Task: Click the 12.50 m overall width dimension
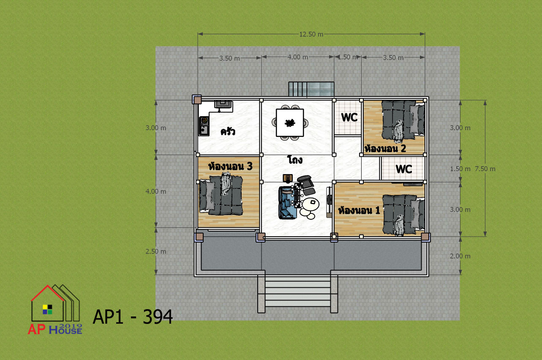click(x=311, y=34)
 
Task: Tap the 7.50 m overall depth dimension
click(x=485, y=169)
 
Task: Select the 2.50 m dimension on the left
click(x=156, y=251)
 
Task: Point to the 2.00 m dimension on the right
click(x=460, y=256)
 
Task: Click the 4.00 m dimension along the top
click(x=298, y=57)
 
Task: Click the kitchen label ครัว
click(x=228, y=131)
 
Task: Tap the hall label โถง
click(x=295, y=160)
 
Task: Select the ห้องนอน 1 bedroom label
click(x=359, y=210)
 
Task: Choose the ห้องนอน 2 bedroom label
click(x=385, y=148)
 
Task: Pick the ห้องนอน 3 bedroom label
click(x=230, y=166)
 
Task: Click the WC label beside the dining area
click(x=349, y=117)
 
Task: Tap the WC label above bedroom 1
click(x=404, y=169)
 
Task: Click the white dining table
click(x=290, y=123)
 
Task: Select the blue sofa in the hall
click(x=287, y=203)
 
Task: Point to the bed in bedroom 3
click(x=221, y=194)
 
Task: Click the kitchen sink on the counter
click(x=204, y=131)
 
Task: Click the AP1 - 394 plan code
click(x=133, y=317)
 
